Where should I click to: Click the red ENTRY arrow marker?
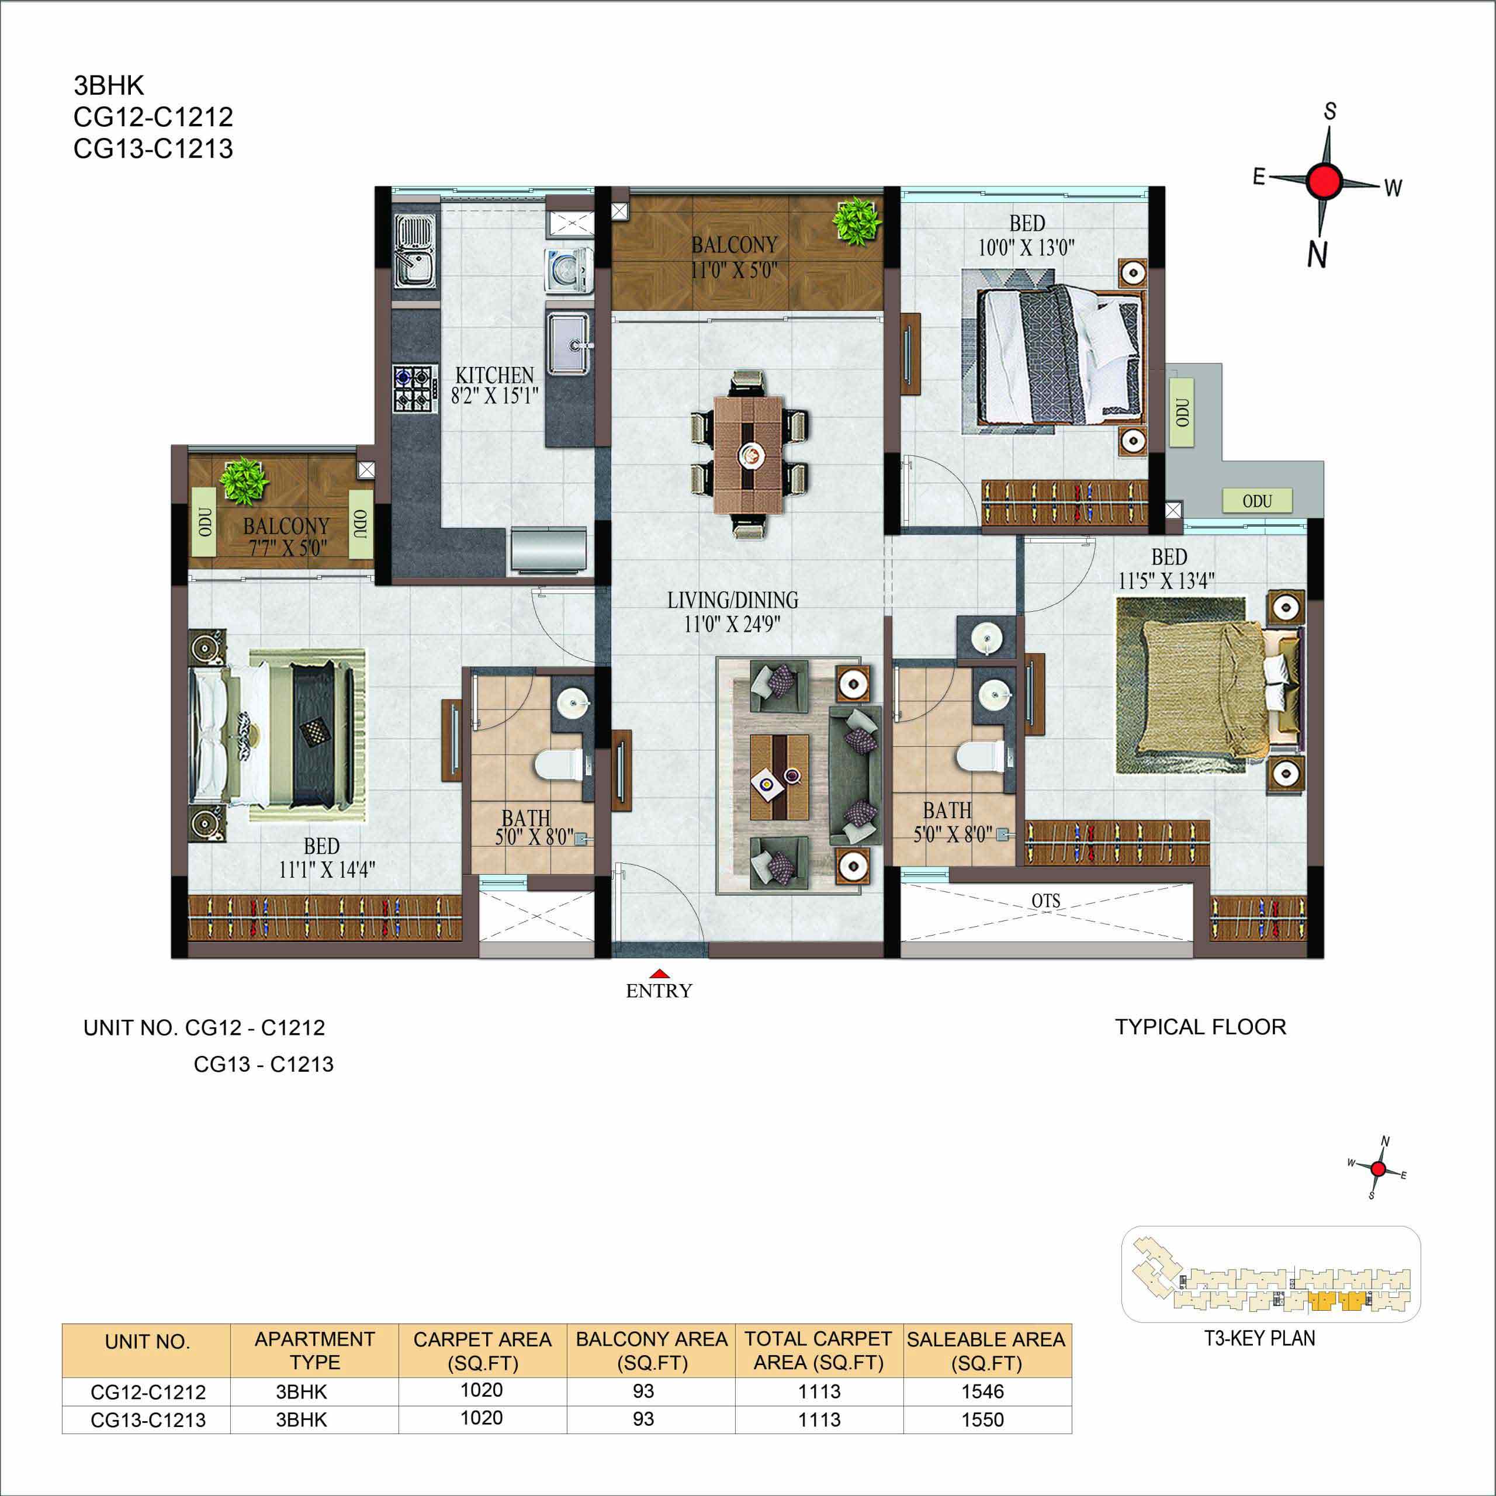coord(659,974)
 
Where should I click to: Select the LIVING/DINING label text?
coord(732,600)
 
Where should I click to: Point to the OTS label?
coord(1045,901)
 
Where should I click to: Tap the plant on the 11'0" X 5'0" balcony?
coord(857,221)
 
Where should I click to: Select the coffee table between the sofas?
coord(779,777)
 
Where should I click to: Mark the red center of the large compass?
coord(1325,181)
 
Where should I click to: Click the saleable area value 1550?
coord(982,1419)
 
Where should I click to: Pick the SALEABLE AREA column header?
coord(986,1351)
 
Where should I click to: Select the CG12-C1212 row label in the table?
coord(148,1391)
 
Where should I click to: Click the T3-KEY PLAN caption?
coord(1259,1338)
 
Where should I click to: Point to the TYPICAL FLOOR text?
coord(1200,1027)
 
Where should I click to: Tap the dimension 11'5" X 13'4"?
coord(1166,581)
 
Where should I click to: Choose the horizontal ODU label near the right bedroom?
coord(1257,501)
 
